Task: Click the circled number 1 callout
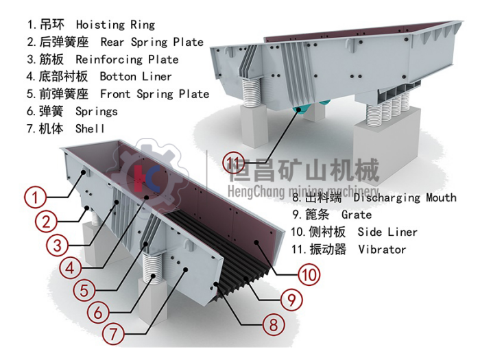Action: (x=36, y=197)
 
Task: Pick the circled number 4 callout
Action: (x=71, y=267)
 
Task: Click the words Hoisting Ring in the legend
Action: (x=115, y=25)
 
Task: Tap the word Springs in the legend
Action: (x=97, y=111)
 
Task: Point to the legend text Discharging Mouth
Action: (x=405, y=197)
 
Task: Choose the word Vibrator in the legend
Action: (x=382, y=250)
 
